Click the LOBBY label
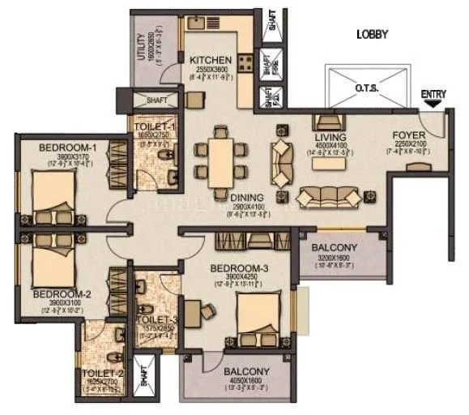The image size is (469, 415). (372, 35)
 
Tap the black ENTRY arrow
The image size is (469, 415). (433, 103)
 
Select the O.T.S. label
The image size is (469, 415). (367, 87)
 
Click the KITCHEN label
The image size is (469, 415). (211, 60)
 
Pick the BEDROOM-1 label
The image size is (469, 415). (68, 147)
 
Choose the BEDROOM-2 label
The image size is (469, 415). (55, 294)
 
